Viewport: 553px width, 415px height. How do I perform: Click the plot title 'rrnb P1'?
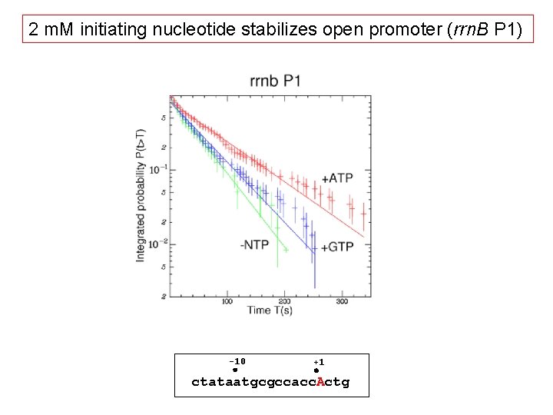pyautogui.click(x=274, y=81)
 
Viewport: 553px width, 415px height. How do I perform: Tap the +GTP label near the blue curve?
pyautogui.click(x=336, y=247)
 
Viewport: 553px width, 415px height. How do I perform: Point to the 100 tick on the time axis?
pyautogui.click(x=227, y=301)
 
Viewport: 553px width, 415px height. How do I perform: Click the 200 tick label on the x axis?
pyautogui.click(x=284, y=301)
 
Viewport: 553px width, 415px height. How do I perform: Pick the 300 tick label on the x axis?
pyautogui.click(x=341, y=301)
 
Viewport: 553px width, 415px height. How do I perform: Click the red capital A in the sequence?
pyautogui.click(x=320, y=382)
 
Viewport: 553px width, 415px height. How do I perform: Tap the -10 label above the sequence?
pyautogui.click(x=237, y=361)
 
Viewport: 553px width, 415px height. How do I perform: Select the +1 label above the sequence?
pyautogui.click(x=319, y=362)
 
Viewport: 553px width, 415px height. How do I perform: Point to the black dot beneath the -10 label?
pyautogui.click(x=236, y=370)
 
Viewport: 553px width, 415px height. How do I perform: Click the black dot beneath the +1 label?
pyautogui.click(x=316, y=370)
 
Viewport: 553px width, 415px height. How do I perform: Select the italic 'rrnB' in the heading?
pyautogui.click(x=457, y=31)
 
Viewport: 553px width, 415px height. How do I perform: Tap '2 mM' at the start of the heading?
pyautogui.click(x=51, y=31)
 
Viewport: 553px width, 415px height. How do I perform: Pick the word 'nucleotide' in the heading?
pyautogui.click(x=179, y=31)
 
